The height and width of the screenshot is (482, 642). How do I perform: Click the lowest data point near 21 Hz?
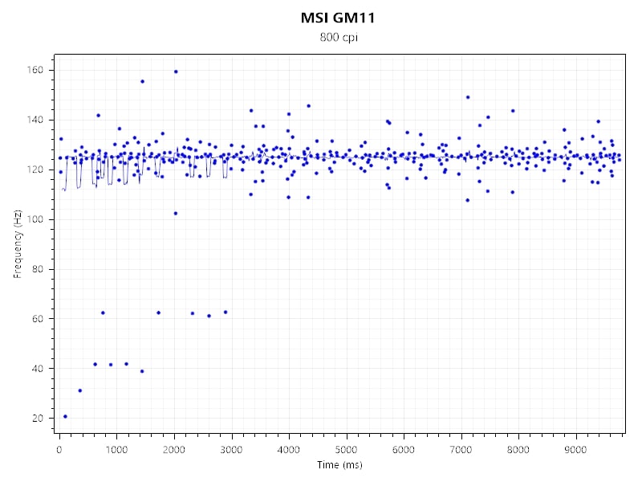coord(65,416)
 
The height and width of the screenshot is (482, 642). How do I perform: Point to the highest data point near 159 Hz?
coord(176,71)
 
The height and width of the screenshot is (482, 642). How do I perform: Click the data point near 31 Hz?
coord(79,390)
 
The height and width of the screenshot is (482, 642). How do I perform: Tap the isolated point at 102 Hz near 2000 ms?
coord(175,213)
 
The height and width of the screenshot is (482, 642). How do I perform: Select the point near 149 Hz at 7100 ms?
coord(467,97)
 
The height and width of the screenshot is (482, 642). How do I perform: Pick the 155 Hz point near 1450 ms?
coord(142,81)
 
